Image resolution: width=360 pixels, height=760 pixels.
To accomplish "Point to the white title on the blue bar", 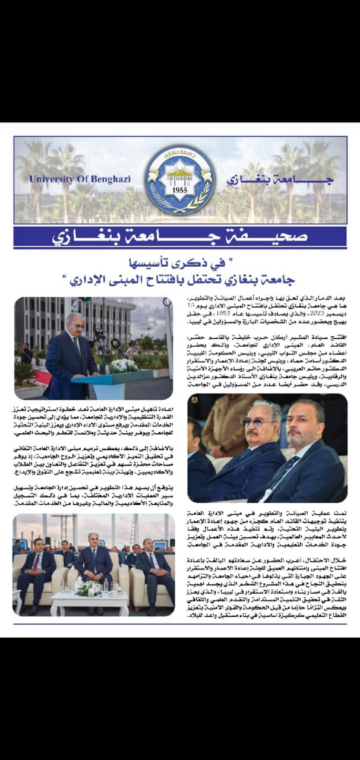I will (x=180, y=237).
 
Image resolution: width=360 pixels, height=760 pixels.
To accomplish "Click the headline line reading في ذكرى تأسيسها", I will (x=180, y=262).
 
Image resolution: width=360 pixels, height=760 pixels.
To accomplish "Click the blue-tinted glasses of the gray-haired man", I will (x=258, y=423).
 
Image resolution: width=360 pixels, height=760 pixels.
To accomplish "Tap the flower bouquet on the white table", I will (x=90, y=588).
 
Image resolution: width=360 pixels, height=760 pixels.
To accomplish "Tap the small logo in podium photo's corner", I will (x=168, y=302).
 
